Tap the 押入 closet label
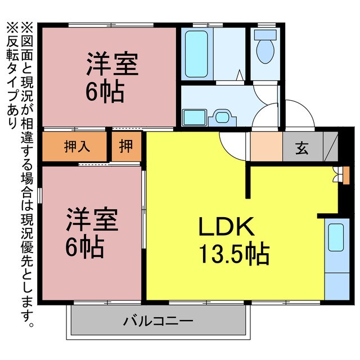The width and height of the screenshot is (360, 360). pos(76,147)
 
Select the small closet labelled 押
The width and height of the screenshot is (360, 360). pos(127,147)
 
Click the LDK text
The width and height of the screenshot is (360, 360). pos(227,228)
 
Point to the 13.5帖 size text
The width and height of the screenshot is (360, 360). pos(233,255)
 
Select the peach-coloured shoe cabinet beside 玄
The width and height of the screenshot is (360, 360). pos(265,147)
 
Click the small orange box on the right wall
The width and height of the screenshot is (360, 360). pos(345,175)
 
